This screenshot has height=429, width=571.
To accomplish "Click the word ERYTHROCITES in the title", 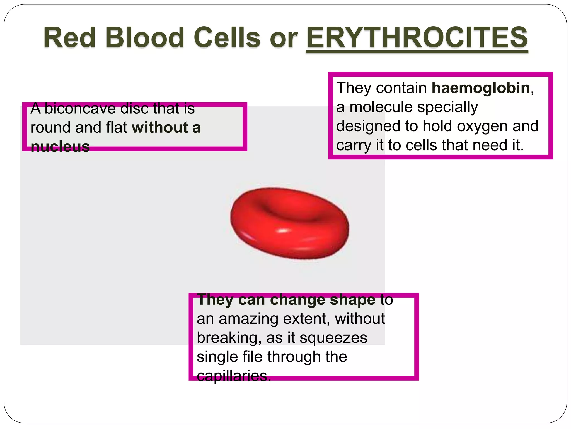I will tap(417, 37).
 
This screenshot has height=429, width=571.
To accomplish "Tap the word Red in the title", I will tap(69, 37).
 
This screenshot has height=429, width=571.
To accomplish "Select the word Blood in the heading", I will tap(144, 37).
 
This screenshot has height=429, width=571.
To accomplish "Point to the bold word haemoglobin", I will tap(481, 88).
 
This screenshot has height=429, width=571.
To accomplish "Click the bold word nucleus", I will tap(60, 146).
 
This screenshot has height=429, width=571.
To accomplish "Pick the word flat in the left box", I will tap(116, 127).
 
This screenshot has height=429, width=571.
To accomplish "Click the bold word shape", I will tap(352, 300).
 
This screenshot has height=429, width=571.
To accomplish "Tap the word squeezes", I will tap(333, 338).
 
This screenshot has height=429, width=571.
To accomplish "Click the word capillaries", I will tap(234, 376).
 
